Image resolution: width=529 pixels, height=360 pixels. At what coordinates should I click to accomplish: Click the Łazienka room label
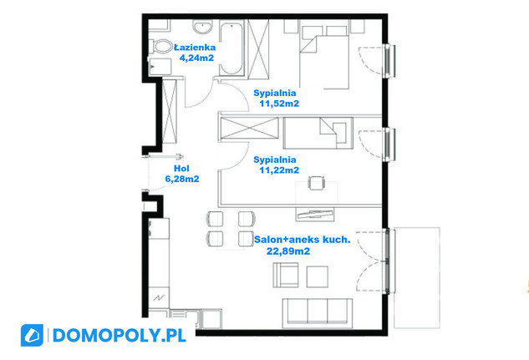195,47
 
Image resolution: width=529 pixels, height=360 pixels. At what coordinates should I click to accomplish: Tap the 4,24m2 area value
196,58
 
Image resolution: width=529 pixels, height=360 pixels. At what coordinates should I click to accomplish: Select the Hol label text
181,168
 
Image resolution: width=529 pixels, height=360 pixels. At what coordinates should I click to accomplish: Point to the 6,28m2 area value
182,179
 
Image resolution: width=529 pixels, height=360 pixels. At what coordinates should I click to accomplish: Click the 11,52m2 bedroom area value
279,104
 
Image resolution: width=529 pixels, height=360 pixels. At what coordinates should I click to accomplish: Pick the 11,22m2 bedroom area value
279,170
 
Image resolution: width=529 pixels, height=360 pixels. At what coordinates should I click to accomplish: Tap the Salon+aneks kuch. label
302,240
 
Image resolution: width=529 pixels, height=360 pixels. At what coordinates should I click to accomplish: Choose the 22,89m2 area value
288,251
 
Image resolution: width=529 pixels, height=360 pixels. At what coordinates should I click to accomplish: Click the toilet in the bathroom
160,46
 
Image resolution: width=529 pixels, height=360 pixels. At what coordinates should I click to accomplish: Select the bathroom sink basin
203,26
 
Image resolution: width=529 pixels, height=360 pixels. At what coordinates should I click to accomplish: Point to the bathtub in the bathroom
231,48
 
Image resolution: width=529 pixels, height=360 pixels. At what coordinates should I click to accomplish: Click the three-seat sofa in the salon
317,313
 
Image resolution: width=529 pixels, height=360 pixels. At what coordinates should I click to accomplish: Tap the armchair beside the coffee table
286,275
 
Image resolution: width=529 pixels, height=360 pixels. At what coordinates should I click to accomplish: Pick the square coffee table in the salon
317,276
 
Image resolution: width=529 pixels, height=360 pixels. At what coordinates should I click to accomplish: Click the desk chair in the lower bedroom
317,183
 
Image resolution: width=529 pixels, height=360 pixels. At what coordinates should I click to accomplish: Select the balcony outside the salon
417,278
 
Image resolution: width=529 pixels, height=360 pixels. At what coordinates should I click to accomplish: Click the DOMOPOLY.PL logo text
120,336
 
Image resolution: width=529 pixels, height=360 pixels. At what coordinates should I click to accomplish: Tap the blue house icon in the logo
32,336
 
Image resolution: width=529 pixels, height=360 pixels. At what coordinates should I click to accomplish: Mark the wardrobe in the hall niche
170,112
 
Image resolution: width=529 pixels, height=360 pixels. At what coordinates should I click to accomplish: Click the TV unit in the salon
315,215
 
